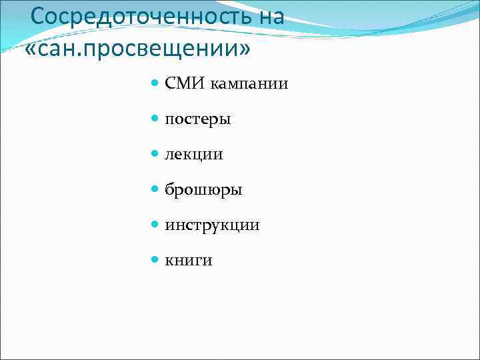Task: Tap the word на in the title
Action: pos(271,16)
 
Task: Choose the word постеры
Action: pos(198,119)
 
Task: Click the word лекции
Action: pos(194,155)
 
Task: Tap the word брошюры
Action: pos(203,190)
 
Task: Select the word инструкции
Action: pos(212,225)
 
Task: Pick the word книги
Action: pos(189,261)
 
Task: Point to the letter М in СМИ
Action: pos(186,83)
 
